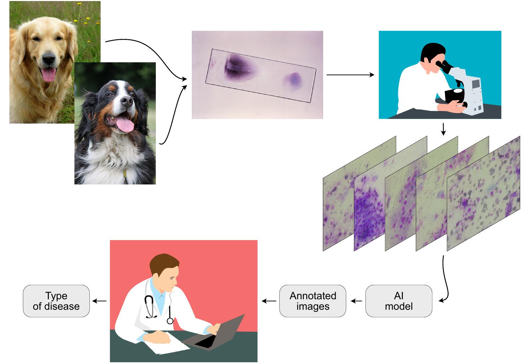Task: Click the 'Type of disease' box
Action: [x=56, y=301]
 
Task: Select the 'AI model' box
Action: [x=399, y=301]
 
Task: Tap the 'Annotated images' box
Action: [x=313, y=301]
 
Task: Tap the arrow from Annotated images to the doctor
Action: [x=269, y=301]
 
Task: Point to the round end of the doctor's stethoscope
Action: [x=170, y=320]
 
